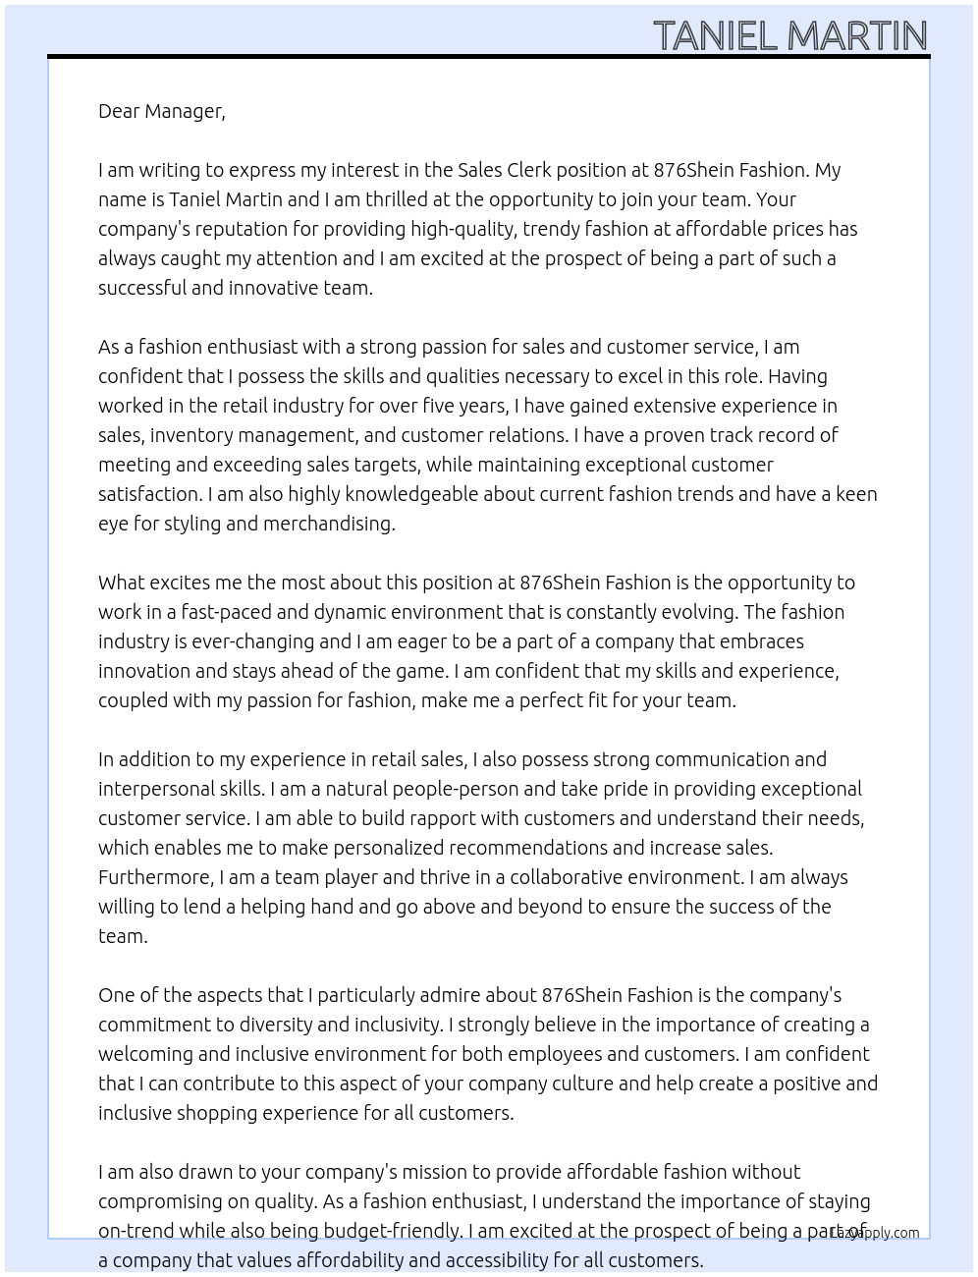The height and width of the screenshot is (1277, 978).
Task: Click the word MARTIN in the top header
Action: (x=857, y=36)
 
